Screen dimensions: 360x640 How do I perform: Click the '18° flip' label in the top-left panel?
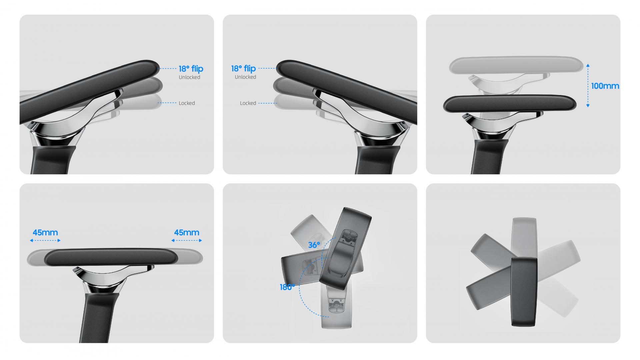pos(191,69)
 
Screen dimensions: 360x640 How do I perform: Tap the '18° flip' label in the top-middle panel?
pos(243,68)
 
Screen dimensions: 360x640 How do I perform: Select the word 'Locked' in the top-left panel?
pos(187,103)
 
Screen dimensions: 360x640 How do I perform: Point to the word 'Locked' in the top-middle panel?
pos(248,103)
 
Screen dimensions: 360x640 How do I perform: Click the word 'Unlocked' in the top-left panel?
pos(189,77)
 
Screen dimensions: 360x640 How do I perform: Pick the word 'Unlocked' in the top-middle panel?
pos(245,77)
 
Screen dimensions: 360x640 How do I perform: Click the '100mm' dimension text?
pos(605,86)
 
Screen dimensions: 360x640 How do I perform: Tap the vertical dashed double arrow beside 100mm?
pos(588,86)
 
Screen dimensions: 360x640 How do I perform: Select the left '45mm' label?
pos(45,233)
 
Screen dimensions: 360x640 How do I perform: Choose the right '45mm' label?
pos(187,233)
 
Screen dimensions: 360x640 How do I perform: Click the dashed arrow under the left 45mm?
pos(45,240)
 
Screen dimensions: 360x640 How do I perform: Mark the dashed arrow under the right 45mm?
pos(187,240)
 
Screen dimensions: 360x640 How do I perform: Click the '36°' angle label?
pos(314,245)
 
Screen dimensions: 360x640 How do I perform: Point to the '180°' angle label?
pos(287,287)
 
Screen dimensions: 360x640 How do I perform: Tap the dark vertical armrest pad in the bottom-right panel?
pos(524,292)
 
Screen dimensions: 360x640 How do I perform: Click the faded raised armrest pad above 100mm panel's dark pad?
pos(516,65)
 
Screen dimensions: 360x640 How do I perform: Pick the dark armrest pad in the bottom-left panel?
pos(110,257)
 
